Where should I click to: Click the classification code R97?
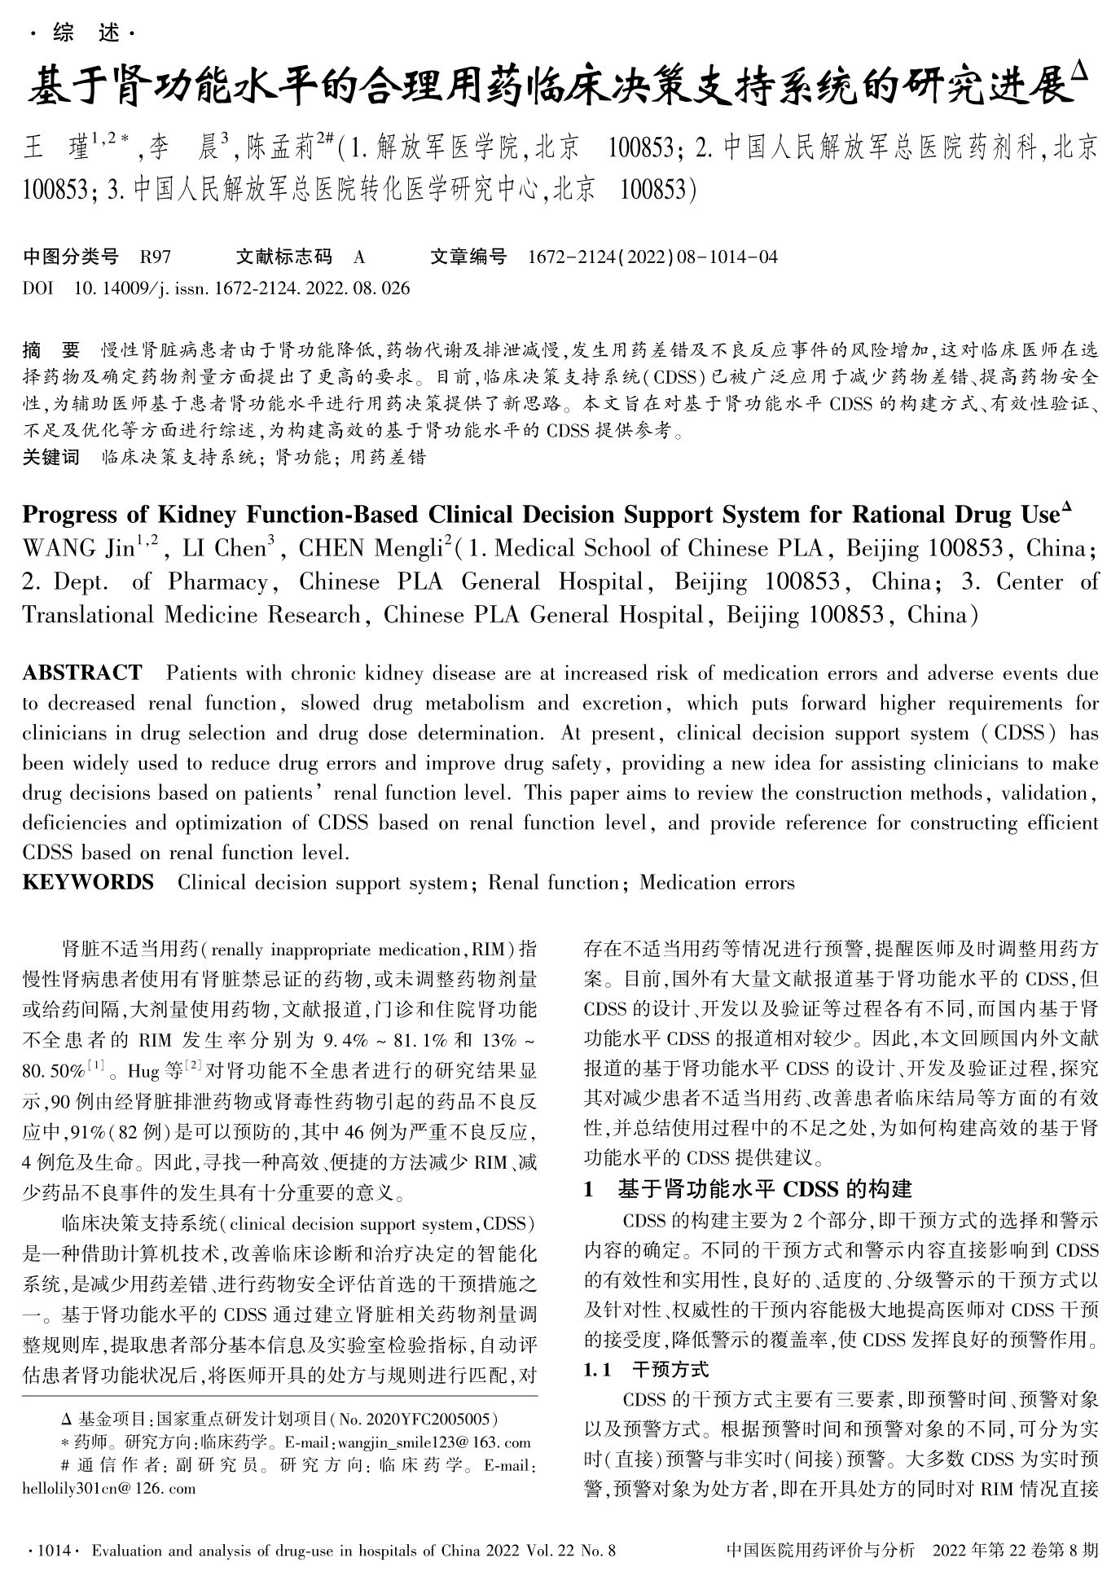[156, 258]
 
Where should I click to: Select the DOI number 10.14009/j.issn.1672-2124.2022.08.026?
[242, 288]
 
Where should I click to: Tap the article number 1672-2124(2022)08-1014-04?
[652, 258]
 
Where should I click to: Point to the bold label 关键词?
[51, 458]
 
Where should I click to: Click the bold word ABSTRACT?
[82, 674]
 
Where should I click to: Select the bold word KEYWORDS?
[88, 883]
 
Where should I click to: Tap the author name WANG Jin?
[78, 548]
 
